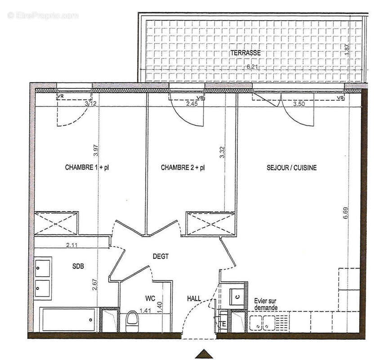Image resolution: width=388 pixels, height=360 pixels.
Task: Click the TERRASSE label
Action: point(245,53)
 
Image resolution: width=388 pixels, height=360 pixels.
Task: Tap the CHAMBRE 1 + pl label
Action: point(87,168)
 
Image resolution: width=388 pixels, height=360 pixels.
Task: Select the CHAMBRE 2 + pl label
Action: point(183,168)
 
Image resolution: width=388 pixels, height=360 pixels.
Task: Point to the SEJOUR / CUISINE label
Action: point(292,168)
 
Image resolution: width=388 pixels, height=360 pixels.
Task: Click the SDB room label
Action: point(78,266)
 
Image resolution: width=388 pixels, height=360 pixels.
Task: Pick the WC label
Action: point(150,298)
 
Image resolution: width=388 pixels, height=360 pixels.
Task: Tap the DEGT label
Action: point(161,257)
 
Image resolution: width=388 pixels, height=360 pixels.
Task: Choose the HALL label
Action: point(194,298)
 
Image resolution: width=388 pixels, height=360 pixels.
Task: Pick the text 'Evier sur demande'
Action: point(265,304)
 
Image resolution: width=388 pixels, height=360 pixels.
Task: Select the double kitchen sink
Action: point(262,323)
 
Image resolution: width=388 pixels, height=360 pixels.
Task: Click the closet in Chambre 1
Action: point(57,223)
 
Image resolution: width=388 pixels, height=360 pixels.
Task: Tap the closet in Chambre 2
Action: point(211,224)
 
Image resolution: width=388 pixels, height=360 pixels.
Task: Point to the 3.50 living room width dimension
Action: point(299,104)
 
